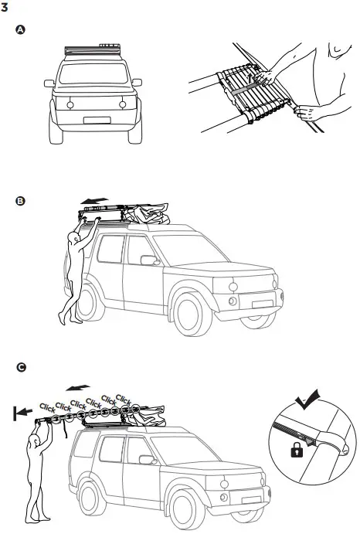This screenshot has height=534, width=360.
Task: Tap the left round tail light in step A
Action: tap(70, 104)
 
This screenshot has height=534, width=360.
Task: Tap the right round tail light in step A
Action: tap(121, 104)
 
